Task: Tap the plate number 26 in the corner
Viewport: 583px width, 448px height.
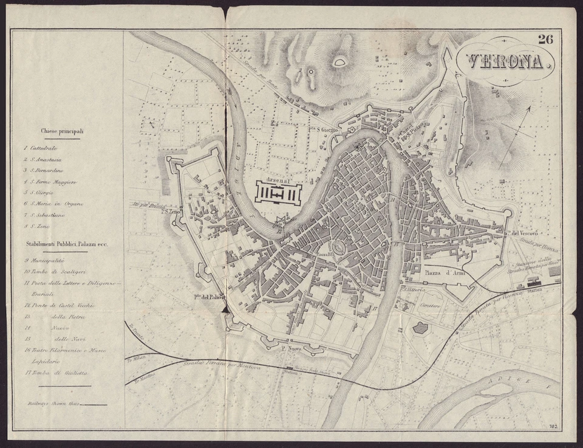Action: click(545, 40)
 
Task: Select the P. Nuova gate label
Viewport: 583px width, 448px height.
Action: click(291, 349)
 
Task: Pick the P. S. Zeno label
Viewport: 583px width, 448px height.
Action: click(171, 212)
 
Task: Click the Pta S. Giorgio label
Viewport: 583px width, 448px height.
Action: click(322, 129)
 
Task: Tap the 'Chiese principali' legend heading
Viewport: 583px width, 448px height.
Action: click(62, 131)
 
